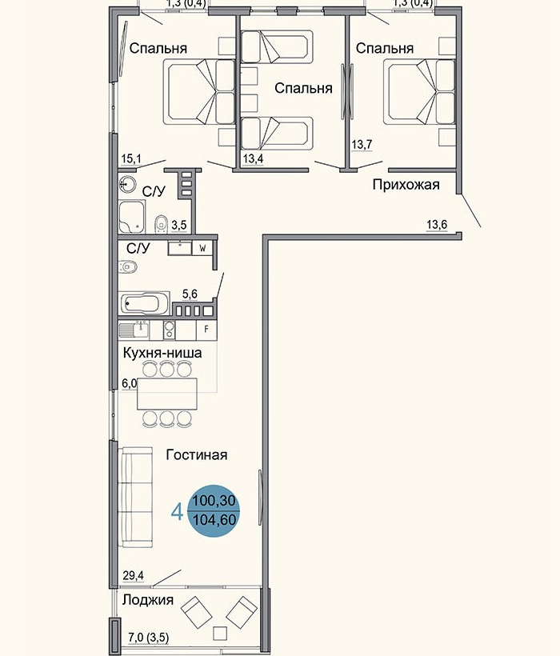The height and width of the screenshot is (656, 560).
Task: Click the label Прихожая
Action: point(406,186)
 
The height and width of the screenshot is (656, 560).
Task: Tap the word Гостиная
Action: point(197,455)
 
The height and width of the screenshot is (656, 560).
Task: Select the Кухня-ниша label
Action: point(162,352)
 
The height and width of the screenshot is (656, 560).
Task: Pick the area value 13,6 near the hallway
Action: point(436,225)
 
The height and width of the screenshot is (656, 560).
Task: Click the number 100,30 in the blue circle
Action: point(214,500)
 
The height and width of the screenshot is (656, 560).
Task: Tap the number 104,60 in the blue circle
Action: point(214,519)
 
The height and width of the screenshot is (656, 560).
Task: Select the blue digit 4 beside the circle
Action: point(177,510)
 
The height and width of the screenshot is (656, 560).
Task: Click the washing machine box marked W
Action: point(202,248)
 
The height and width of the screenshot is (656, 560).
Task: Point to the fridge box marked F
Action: point(206,329)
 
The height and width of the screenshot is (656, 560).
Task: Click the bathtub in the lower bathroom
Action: point(145,305)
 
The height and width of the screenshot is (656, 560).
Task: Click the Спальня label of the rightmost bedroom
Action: point(385,49)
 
